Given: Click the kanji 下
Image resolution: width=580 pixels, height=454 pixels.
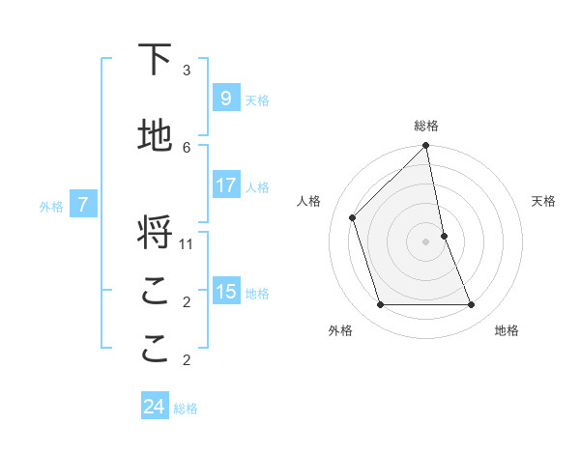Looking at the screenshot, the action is tap(155, 60).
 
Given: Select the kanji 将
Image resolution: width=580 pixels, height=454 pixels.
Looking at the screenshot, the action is tap(155, 233).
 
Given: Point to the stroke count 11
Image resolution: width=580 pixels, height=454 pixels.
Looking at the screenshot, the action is tap(187, 243).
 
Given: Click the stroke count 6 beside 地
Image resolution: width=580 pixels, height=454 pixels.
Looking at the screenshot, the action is tap(187, 147).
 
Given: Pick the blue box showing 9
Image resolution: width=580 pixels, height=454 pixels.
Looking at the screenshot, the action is tap(225, 99).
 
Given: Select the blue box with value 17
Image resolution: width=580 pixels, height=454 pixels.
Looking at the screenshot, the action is tap(225, 185).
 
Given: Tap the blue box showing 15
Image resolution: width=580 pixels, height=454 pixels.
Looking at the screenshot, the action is tap(225, 292).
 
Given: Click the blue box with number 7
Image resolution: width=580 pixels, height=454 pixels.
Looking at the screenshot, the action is tap(83, 205).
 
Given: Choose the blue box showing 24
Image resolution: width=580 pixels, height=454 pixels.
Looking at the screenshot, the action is tap(154, 408).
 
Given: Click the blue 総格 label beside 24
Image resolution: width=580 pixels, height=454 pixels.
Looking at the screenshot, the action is tap(187, 409).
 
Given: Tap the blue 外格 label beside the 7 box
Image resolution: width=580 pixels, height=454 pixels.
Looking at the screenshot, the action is tap(51, 206).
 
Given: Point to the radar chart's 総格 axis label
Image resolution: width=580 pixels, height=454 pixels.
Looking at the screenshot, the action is tap(426, 126).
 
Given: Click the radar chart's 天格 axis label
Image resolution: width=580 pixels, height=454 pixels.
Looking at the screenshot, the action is tap(543, 201).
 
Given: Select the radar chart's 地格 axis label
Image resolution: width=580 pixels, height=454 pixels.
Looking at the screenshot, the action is tap(507, 330).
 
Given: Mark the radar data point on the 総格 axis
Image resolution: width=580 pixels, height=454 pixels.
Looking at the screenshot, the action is tap(426, 146).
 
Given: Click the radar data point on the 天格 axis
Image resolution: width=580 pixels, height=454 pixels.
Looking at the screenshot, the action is tap(444, 236).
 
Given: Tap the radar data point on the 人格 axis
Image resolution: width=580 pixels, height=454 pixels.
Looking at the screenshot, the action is tap(353, 217).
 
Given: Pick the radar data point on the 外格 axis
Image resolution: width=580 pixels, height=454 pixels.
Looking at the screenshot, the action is tap(381, 305).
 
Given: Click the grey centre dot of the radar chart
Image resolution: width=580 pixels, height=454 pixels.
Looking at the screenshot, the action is tap(426, 241).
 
